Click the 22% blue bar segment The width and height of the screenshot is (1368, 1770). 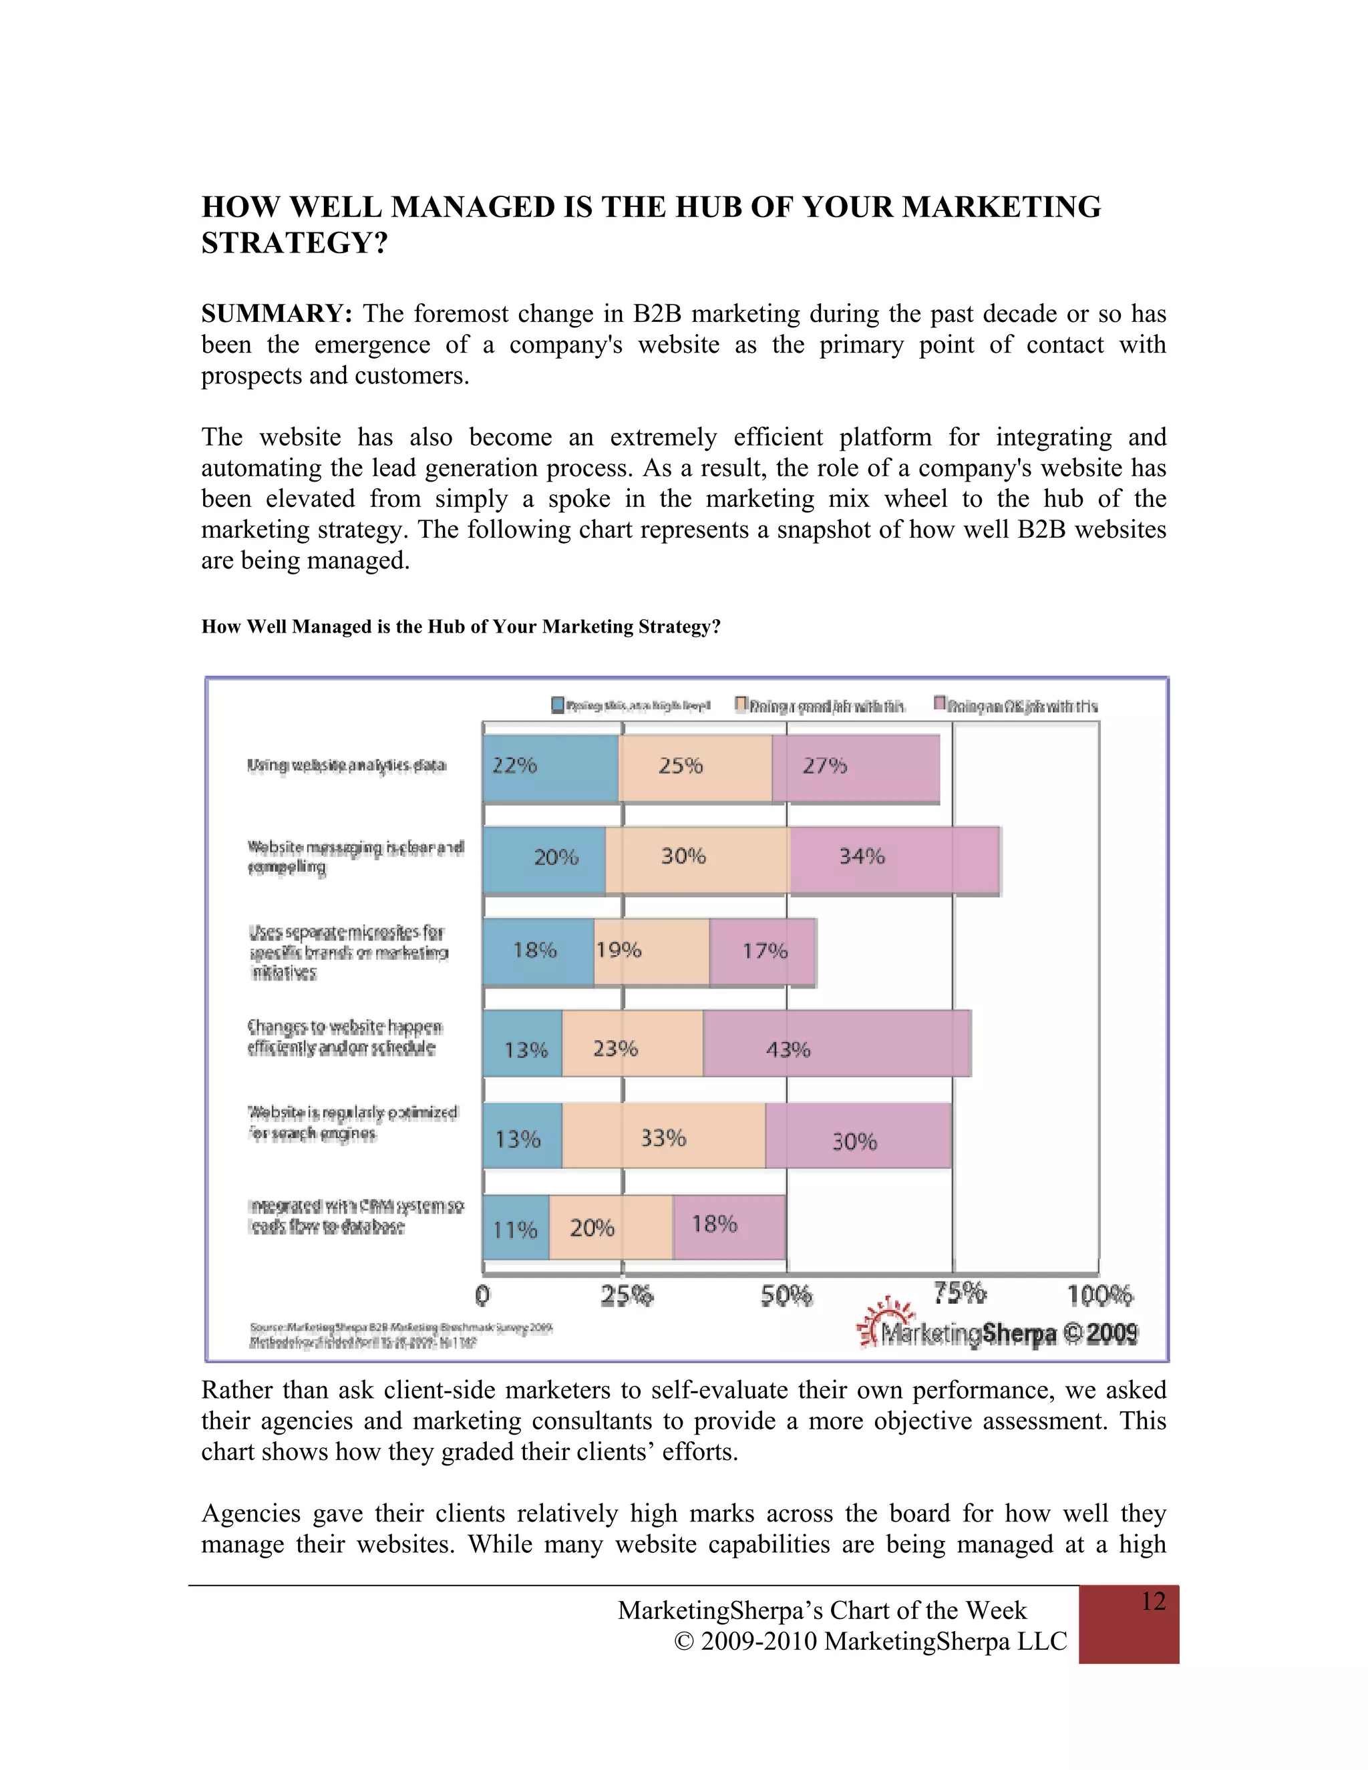pyautogui.click(x=550, y=767)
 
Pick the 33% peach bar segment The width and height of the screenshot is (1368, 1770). pyautogui.click(x=663, y=1135)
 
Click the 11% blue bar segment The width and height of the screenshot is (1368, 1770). pyautogui.click(x=516, y=1227)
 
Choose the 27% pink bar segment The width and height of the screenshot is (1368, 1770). pyautogui.click(x=855, y=767)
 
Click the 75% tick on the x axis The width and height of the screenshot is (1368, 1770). pyautogui.click(x=958, y=1294)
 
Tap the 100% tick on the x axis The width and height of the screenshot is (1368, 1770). pyautogui.click(x=1099, y=1295)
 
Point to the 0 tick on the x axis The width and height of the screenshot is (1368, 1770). pyautogui.click(x=483, y=1295)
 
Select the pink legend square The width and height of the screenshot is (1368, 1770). pyautogui.click(x=940, y=703)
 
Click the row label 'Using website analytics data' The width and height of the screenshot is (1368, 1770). pyautogui.click(x=347, y=765)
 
